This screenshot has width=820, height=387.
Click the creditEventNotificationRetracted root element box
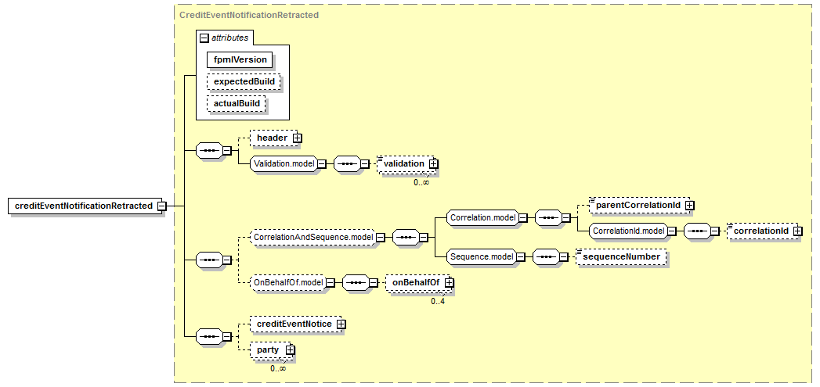click(84, 206)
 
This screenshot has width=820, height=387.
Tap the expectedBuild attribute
click(242, 81)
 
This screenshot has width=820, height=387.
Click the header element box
click(272, 138)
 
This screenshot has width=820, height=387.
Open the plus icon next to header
click(297, 138)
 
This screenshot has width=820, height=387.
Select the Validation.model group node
click(283, 163)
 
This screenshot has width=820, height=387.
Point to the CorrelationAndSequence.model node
click(311, 237)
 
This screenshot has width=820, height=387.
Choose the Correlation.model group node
click(482, 218)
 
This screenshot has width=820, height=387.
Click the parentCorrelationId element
click(637, 205)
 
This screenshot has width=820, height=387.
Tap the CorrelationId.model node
click(628, 231)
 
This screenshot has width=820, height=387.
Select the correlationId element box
click(759, 231)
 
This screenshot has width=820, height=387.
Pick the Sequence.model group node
click(481, 256)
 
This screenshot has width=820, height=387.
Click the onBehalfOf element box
click(415, 282)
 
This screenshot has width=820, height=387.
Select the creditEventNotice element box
click(293, 324)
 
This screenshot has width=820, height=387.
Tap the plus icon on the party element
click(290, 349)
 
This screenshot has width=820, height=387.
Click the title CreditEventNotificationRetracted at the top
click(249, 14)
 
